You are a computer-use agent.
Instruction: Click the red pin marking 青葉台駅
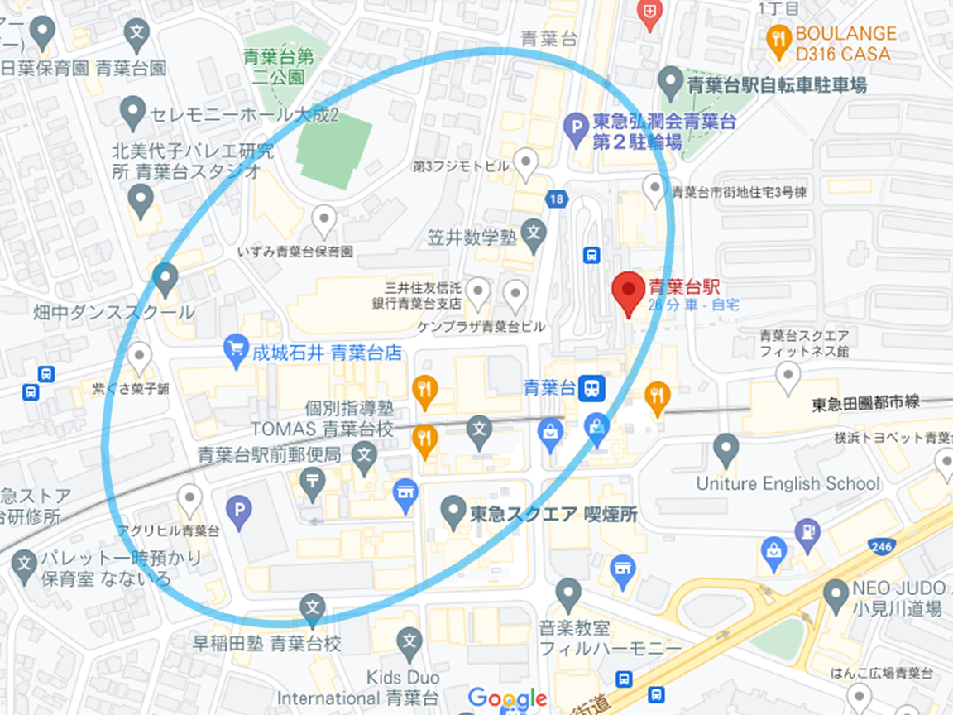(x=629, y=292)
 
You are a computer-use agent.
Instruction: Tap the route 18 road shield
(x=556, y=198)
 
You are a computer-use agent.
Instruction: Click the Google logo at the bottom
(x=507, y=698)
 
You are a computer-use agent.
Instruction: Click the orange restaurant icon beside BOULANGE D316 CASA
(x=778, y=39)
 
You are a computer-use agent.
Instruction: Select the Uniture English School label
(x=788, y=483)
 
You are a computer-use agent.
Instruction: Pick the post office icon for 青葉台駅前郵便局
(x=313, y=482)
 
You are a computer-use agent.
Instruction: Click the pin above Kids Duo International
(x=409, y=641)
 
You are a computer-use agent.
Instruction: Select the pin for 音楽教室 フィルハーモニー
(x=568, y=593)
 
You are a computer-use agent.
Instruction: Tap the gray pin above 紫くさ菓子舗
(x=141, y=357)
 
